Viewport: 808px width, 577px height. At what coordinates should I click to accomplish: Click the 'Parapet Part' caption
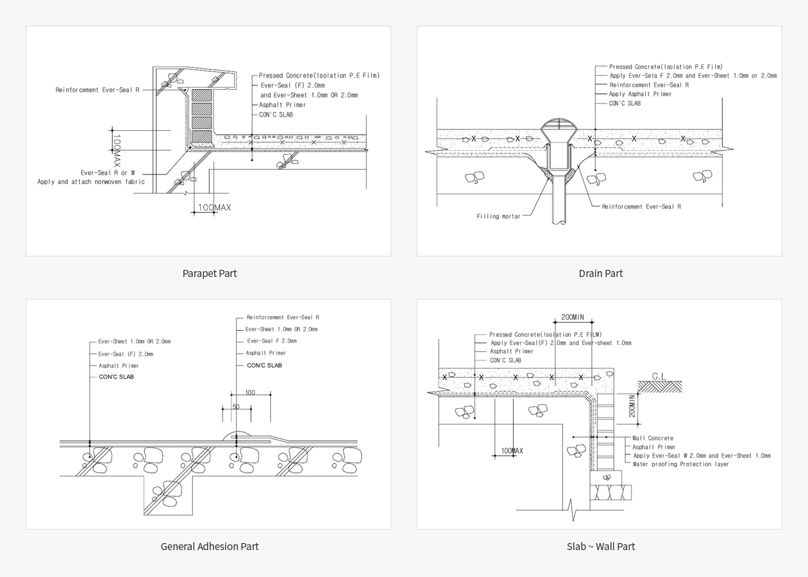pos(210,273)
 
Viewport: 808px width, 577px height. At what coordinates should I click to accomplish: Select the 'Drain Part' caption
pos(601,273)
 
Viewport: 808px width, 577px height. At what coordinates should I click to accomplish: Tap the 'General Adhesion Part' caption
pos(210,546)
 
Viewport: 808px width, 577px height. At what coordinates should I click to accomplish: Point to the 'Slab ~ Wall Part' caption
pos(601,546)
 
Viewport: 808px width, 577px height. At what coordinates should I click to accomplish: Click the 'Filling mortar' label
pos(498,217)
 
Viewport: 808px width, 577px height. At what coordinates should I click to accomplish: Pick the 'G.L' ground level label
pos(659,376)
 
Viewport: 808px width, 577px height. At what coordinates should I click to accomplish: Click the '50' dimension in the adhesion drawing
pos(236,406)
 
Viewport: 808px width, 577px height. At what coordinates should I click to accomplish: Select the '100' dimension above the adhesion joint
pos(250,392)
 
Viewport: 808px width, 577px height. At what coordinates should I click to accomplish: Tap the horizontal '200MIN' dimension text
pos(573,317)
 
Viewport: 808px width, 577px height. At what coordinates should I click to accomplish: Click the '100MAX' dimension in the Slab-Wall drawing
pos(512,451)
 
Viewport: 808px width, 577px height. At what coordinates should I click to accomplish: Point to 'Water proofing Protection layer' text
pos(680,464)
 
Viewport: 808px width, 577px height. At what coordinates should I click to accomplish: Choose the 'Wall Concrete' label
pos(653,438)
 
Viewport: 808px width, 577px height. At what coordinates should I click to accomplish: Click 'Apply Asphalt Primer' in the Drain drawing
pos(640,94)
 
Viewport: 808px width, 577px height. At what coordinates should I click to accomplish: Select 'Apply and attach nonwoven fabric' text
pos(91,182)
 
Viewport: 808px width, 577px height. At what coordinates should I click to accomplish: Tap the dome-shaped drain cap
pos(559,124)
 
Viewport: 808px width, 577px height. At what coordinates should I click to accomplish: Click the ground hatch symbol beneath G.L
pos(660,387)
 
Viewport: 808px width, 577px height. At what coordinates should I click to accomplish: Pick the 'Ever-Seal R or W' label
pos(108,172)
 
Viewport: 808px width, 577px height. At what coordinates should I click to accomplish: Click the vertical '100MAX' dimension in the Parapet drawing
pos(117,151)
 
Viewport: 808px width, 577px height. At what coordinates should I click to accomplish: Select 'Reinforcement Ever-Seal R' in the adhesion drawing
pos(283,317)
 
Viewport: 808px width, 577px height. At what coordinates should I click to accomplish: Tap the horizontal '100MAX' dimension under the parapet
pos(215,207)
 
